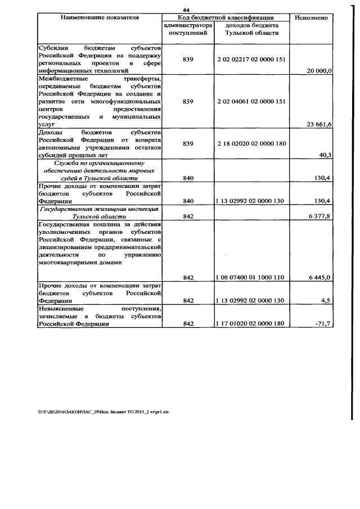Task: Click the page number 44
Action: coord(186,10)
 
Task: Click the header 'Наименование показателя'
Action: coord(100,17)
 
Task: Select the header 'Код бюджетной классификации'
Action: coord(226,17)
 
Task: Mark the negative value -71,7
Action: coord(324,323)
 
